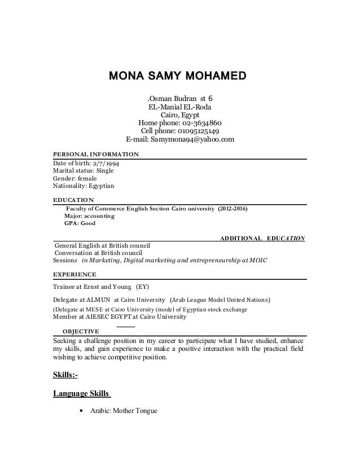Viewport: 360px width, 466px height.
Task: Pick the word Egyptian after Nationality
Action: click(x=99, y=185)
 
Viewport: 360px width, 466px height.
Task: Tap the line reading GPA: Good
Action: click(x=80, y=223)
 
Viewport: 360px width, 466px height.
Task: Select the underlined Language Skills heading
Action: click(x=78, y=394)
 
